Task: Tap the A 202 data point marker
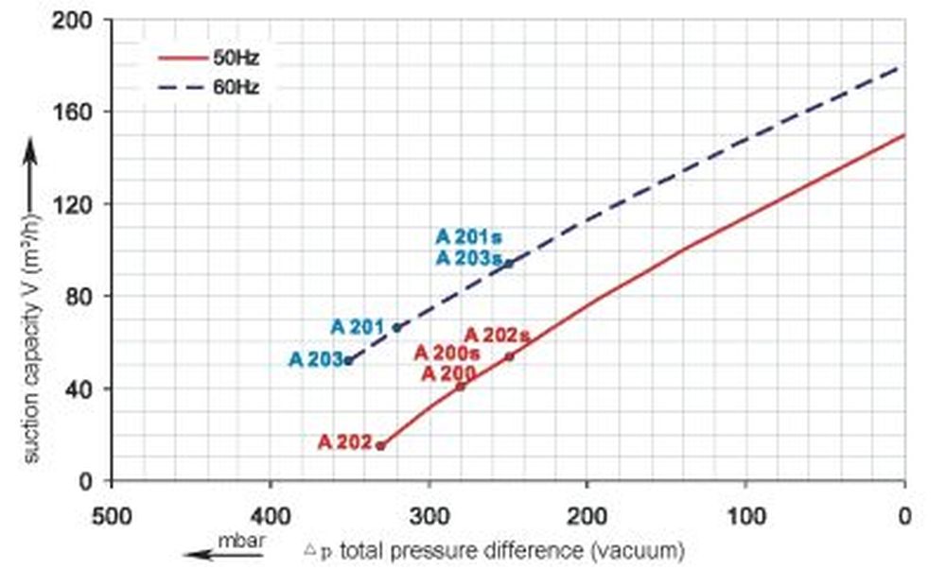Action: [x=380, y=445]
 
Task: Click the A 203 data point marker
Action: [x=349, y=360]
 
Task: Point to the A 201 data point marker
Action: [x=396, y=327]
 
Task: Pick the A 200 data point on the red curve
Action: [x=461, y=386]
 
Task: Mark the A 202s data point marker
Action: [x=509, y=356]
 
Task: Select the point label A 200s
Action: [x=447, y=354]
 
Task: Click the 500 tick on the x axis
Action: [x=113, y=517]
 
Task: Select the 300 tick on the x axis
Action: [x=429, y=517]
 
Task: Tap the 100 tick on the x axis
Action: [x=746, y=517]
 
